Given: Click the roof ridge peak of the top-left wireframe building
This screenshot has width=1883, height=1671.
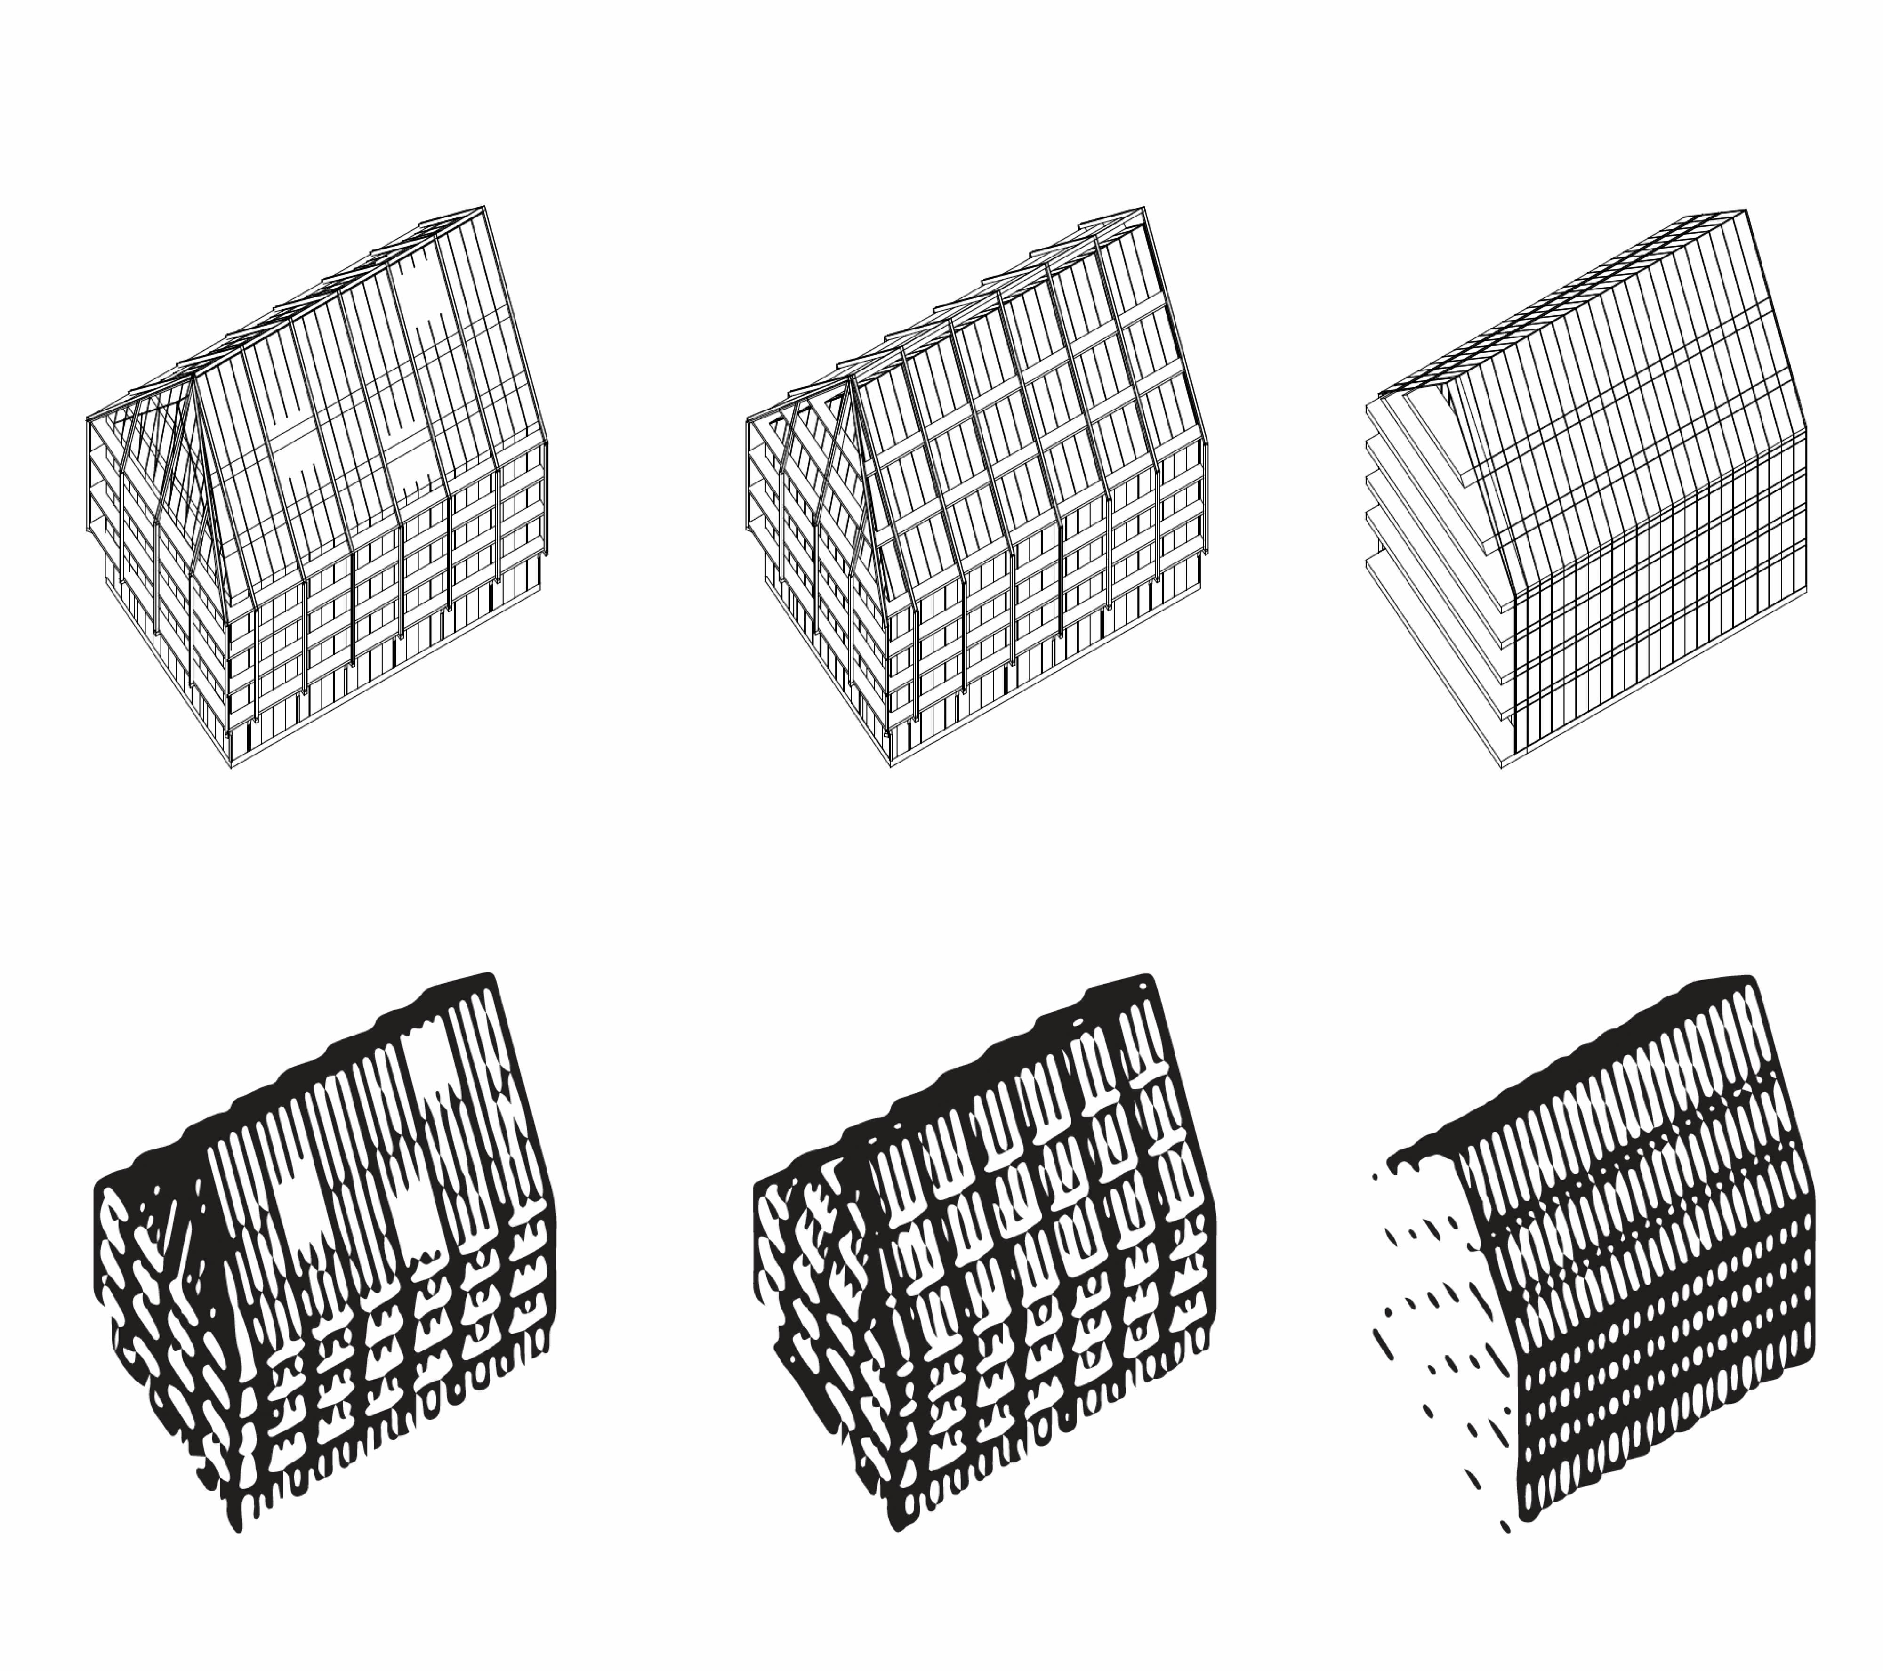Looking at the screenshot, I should click(483, 208).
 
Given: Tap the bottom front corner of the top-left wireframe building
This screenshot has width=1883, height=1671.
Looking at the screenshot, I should click(230, 766).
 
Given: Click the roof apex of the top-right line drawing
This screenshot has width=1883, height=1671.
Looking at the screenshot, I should click(1744, 212).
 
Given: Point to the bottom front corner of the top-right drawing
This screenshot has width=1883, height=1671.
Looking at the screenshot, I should click(1502, 766).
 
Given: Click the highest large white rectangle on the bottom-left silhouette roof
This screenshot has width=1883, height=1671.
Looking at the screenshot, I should click(426, 1064).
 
